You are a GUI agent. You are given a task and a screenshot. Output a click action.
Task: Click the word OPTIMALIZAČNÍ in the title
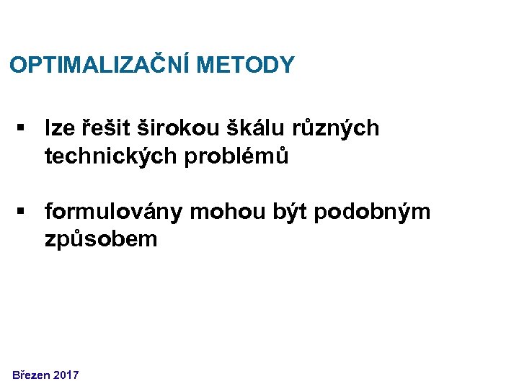(99, 66)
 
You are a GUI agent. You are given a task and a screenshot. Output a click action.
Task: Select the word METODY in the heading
(245, 66)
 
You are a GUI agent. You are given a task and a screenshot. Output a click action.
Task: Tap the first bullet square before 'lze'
(22, 128)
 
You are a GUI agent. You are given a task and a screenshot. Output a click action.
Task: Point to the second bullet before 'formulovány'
(22, 212)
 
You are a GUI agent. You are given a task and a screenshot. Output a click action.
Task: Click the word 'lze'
(58, 128)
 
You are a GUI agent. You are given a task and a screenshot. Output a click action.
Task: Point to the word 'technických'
(107, 156)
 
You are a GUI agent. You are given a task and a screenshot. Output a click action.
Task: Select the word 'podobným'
(372, 213)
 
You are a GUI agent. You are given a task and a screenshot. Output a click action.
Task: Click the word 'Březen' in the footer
(32, 375)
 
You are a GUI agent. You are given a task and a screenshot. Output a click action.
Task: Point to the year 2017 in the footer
(66, 375)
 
